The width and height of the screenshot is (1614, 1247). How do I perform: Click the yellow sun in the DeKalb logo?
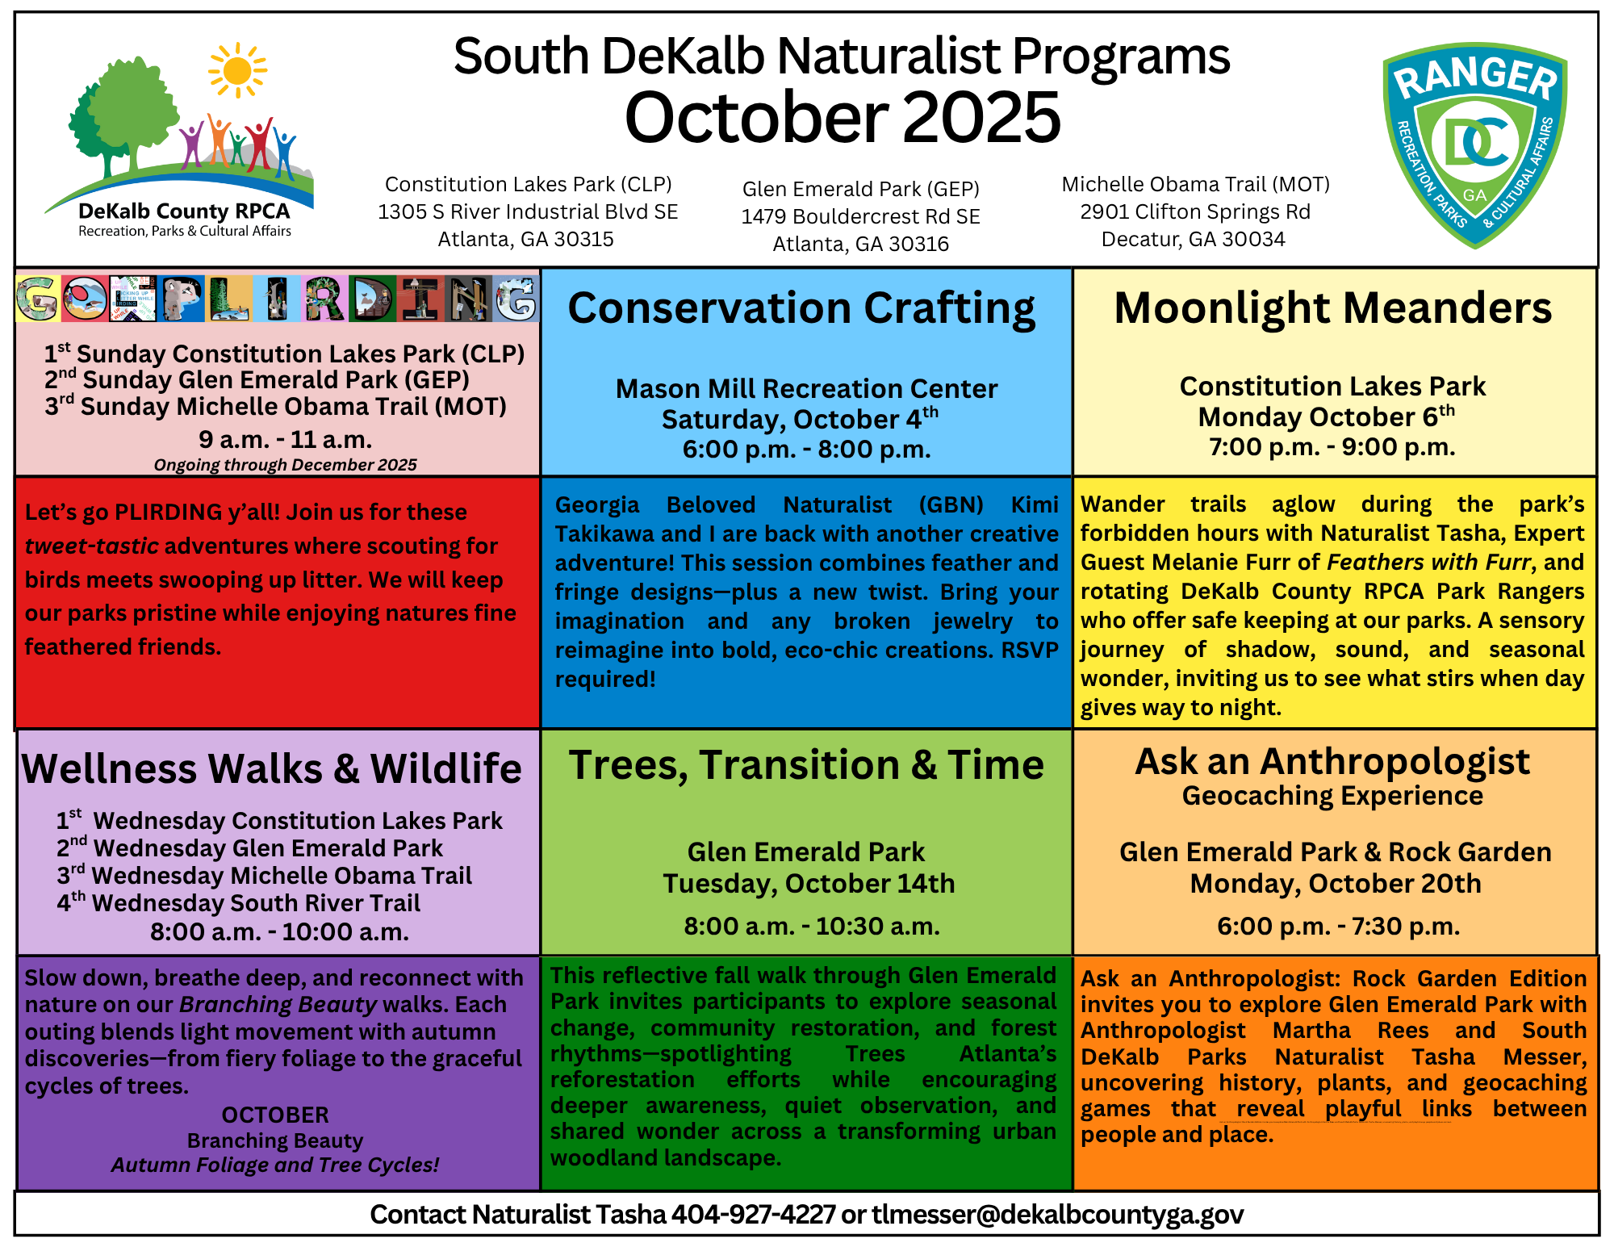(x=237, y=70)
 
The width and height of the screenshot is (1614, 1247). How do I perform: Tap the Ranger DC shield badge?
(x=1474, y=145)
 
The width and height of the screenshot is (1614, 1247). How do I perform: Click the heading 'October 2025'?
(x=842, y=118)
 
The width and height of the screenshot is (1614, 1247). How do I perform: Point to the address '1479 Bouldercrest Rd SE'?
(x=860, y=216)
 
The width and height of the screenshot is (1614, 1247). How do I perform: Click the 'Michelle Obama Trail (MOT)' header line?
(x=1195, y=185)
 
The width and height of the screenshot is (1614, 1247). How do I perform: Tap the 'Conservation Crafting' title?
(x=801, y=308)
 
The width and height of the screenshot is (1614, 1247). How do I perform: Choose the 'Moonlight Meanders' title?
(x=1332, y=308)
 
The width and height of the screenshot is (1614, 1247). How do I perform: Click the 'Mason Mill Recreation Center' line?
(x=806, y=389)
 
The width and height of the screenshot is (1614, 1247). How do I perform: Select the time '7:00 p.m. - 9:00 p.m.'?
(x=1332, y=447)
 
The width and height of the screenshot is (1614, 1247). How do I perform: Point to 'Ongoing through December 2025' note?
(x=285, y=465)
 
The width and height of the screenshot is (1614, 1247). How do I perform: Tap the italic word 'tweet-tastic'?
(x=91, y=546)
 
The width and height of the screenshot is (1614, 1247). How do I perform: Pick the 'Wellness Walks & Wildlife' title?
(x=271, y=768)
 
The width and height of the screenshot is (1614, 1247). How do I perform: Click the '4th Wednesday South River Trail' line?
(x=239, y=903)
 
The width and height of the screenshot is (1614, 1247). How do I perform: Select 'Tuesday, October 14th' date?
(x=809, y=884)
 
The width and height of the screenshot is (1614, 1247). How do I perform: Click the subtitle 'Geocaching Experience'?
(x=1332, y=796)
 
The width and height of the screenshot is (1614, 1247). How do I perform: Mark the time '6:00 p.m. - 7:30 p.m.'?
(x=1338, y=926)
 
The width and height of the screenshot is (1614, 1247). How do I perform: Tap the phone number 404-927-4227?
(x=753, y=1214)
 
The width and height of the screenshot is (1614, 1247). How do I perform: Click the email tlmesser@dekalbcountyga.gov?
(x=1057, y=1214)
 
